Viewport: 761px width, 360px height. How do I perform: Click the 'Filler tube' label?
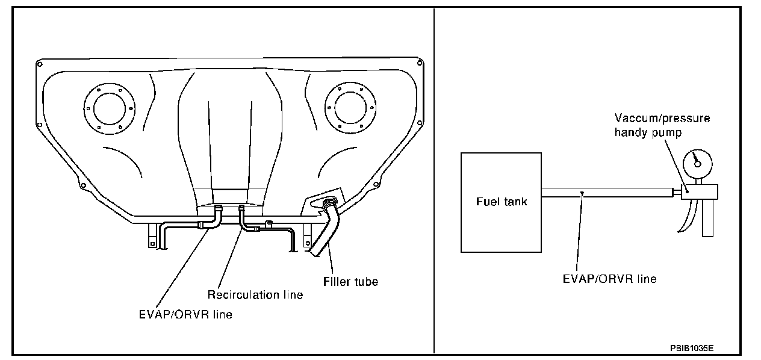pyautogui.click(x=350, y=281)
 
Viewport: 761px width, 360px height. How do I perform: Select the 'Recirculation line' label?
pyautogui.click(x=255, y=295)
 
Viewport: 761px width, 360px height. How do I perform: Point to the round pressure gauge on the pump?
pyautogui.click(x=697, y=161)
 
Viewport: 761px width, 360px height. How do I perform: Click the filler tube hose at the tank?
pyautogui.click(x=325, y=229)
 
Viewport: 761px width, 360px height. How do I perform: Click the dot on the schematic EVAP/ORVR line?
pyautogui.click(x=583, y=193)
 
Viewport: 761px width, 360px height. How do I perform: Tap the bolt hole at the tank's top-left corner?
pyautogui.click(x=39, y=63)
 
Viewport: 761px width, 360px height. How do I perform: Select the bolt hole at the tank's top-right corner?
pyautogui.click(x=420, y=60)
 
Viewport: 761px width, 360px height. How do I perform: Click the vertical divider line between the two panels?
pyautogui.click(x=434, y=181)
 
